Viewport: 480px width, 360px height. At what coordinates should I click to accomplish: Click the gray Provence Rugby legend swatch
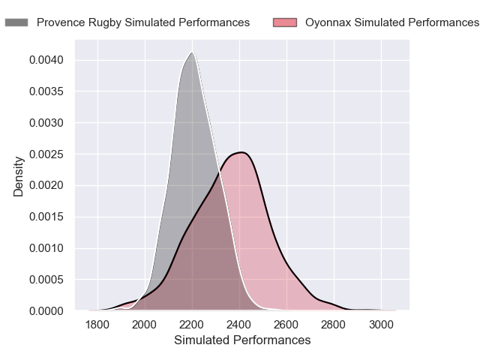pos(16,22)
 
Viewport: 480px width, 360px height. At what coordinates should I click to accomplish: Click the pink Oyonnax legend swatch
pos(286,22)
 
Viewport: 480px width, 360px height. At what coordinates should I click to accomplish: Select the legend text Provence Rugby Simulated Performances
pos(143,22)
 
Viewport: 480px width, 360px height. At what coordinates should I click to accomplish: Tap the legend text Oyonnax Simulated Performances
pos(391,22)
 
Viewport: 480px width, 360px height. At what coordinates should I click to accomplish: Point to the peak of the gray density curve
pos(193,52)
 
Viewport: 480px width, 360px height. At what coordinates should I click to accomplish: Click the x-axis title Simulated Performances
pos(242,340)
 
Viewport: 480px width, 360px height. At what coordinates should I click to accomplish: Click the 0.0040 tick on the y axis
pos(47,60)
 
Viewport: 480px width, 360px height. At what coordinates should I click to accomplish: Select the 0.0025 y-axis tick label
pos(47,154)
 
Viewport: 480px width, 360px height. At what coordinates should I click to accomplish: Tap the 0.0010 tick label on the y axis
pos(47,248)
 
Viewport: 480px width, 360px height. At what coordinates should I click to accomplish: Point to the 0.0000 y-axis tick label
pos(47,310)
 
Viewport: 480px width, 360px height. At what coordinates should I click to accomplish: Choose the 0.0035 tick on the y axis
pos(47,91)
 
